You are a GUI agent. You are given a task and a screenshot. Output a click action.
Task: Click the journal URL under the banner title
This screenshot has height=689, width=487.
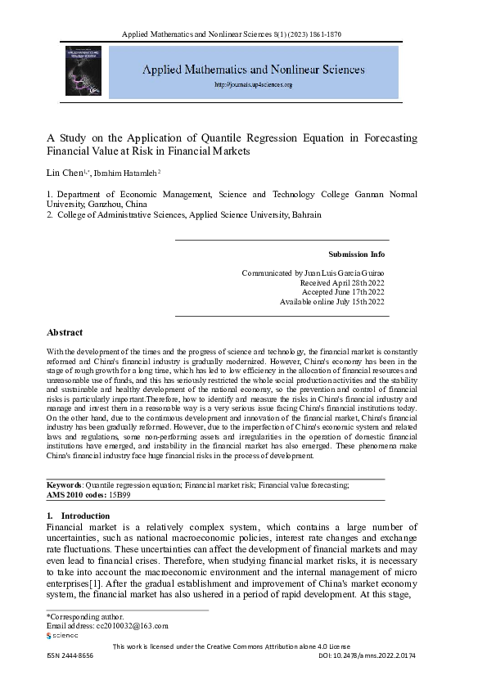pos(253,85)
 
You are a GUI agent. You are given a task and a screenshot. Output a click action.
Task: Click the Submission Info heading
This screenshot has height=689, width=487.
pos(356,254)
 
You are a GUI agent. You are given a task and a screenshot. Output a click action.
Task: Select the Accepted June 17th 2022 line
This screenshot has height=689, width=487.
pos(343,291)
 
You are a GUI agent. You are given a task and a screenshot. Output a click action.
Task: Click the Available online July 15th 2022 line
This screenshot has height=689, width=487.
pos(331,302)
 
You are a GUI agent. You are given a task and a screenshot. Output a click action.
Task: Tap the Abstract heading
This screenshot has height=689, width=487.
pos(65,333)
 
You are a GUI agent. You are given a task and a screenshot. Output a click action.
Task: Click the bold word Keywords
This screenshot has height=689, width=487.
pos(64,485)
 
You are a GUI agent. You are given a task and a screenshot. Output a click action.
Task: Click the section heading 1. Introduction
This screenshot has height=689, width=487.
pos(78,516)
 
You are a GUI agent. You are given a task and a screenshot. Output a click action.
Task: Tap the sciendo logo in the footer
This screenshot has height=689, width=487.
pos(62,635)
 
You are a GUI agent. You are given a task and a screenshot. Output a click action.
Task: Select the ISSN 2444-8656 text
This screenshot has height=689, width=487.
pos(70,657)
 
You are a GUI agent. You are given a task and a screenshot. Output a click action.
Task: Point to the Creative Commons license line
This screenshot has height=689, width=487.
pos(243,646)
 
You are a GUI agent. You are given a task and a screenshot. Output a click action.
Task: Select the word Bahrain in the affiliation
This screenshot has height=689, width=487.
pos(307,215)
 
